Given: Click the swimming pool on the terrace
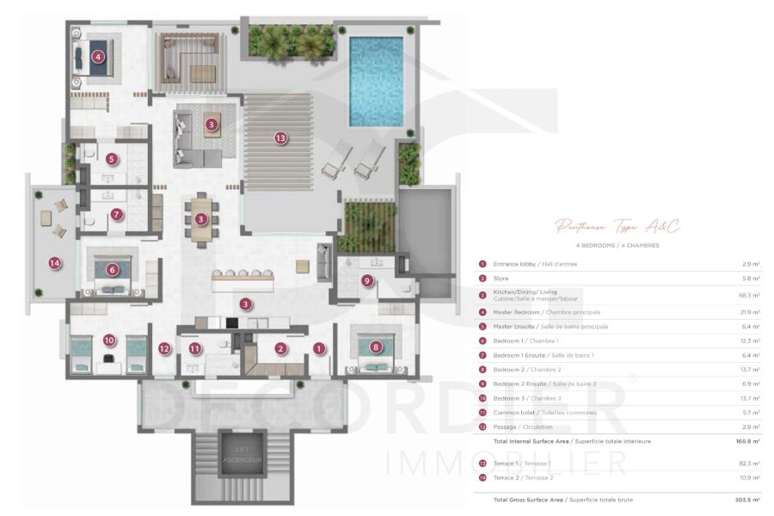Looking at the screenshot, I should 376,78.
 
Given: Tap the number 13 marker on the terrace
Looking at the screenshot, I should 280,138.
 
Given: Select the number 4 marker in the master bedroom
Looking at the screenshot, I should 98,57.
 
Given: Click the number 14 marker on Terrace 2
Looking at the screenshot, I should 55,263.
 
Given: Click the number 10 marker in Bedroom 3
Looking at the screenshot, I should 108,340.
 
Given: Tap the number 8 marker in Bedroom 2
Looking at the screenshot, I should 375,347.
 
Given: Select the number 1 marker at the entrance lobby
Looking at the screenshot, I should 319,348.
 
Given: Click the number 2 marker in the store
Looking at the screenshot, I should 280,348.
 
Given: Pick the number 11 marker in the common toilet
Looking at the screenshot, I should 195,348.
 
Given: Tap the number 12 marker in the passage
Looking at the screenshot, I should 164,348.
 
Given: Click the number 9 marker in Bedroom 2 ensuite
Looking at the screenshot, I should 367,279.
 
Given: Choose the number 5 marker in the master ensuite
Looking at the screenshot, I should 112,158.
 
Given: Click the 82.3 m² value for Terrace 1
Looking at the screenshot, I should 744,463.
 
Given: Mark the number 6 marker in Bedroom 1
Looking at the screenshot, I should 112,268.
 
